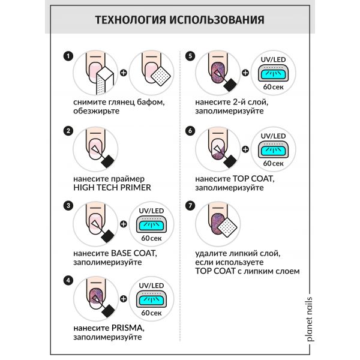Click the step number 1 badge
tap(68, 56)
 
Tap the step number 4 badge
tap(68, 280)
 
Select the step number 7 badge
tap(190, 205)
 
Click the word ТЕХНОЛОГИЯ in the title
tap(130, 20)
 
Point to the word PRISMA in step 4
tap(128, 328)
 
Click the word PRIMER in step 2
tap(136, 188)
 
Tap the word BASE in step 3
tap(121, 253)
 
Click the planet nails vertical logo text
tap(310, 319)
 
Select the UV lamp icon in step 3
tap(151, 224)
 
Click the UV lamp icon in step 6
tap(273, 149)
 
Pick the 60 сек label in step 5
tap(273, 87)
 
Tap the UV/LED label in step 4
tap(151, 286)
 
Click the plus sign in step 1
tap(124, 73)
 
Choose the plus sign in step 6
tap(245, 149)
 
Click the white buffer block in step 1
tap(106, 80)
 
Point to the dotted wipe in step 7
tap(227, 227)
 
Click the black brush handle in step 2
tap(107, 161)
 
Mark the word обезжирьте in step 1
tap(97, 111)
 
